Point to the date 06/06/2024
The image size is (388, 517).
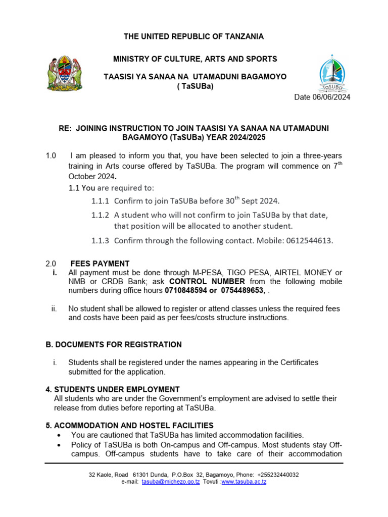(322, 97)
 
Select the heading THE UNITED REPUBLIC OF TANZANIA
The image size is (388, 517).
(194, 36)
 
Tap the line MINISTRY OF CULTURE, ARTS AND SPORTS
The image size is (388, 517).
(195, 59)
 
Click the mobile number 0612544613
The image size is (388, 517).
(310, 241)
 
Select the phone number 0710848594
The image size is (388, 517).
(185, 291)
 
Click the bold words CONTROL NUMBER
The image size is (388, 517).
(207, 282)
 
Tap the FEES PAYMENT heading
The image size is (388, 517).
(100, 264)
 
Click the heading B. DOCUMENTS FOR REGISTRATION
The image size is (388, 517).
(114, 345)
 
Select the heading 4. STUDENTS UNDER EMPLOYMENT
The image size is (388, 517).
(113, 389)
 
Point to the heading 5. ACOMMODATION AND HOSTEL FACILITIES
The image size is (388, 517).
(129, 425)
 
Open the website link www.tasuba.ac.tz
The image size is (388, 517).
(244, 482)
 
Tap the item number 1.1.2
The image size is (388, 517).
(100, 215)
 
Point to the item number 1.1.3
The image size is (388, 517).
(100, 241)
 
